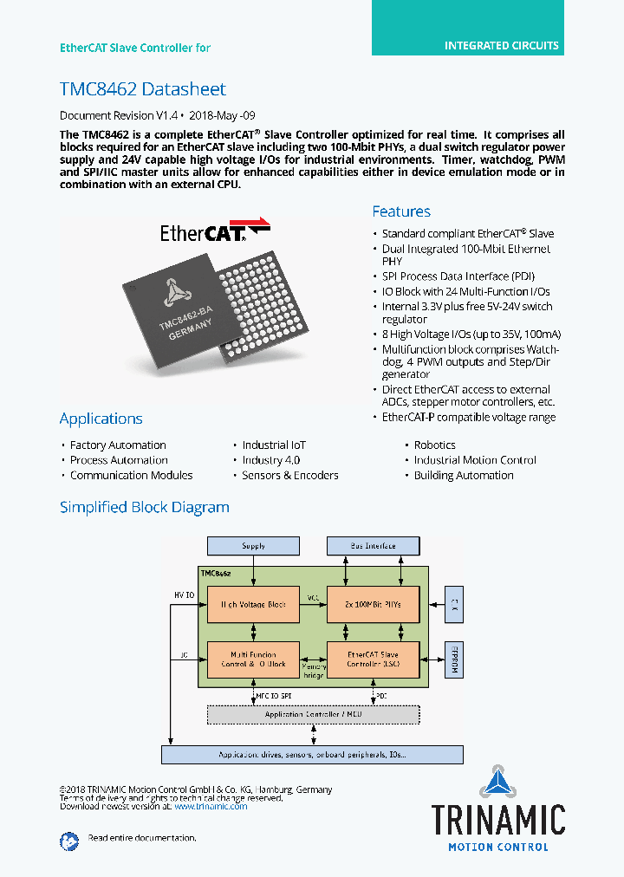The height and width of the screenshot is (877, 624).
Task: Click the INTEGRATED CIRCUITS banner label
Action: click(x=501, y=46)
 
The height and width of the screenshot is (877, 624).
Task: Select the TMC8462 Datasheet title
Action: click(x=143, y=89)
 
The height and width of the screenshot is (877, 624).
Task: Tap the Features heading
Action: click(x=401, y=211)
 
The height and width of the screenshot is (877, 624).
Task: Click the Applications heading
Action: click(x=101, y=419)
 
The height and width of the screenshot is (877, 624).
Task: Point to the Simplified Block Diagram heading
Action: click(x=145, y=507)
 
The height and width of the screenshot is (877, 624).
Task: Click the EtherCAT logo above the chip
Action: click(x=214, y=231)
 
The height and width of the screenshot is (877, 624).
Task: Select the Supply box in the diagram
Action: click(x=253, y=546)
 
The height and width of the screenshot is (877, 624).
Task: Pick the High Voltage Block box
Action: click(x=253, y=604)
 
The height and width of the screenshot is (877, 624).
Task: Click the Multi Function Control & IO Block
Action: click(x=253, y=659)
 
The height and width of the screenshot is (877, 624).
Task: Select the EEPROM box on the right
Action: click(x=453, y=659)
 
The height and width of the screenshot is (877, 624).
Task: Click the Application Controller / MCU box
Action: click(x=312, y=715)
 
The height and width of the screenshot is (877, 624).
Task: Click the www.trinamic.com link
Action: click(x=211, y=806)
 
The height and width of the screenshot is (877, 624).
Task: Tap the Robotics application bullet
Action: click(x=434, y=445)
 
